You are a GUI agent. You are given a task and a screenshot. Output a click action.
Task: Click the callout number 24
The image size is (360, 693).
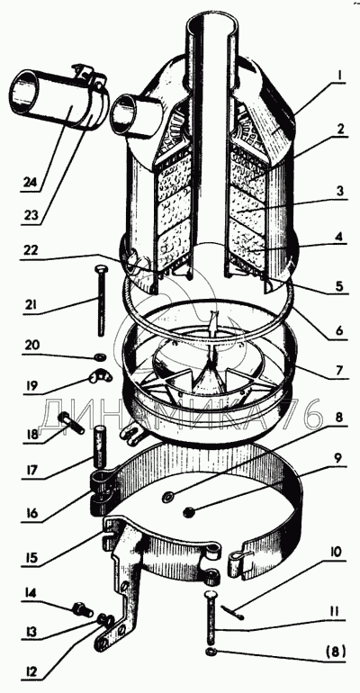(30, 183)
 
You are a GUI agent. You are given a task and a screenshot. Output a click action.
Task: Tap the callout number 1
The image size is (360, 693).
(338, 75)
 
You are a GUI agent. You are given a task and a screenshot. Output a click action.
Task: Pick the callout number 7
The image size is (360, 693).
(339, 370)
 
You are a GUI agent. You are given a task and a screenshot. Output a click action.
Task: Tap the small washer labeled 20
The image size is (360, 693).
(101, 355)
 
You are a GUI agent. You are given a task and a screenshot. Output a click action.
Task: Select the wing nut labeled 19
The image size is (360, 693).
(100, 377)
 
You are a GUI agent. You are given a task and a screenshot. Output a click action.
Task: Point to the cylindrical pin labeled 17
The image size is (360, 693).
(101, 445)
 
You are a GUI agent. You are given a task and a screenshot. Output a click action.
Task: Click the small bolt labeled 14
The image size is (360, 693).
(83, 610)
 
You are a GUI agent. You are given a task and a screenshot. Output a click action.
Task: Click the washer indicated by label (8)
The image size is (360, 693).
(211, 652)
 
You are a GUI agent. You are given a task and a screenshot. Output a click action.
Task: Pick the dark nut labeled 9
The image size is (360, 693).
(188, 512)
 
